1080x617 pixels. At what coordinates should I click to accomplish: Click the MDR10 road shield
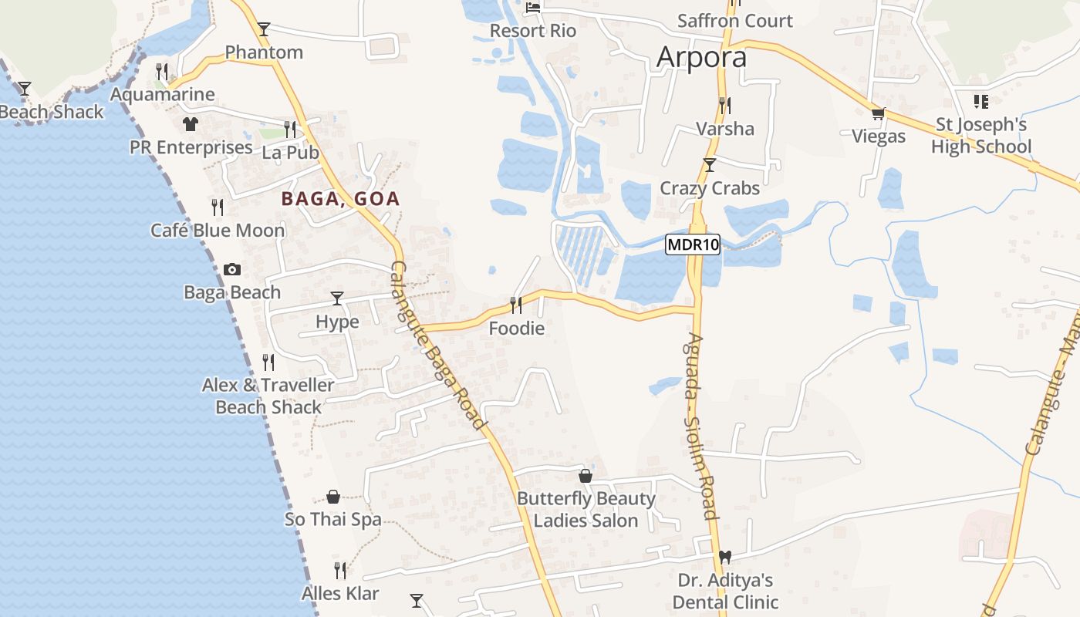tap(693, 245)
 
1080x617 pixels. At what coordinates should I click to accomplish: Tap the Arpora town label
tap(701, 57)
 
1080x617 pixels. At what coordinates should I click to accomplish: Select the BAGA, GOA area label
tap(340, 199)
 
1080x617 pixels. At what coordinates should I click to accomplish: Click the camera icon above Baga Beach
tap(231, 269)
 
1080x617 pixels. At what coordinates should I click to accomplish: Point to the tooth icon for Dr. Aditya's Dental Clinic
tap(724, 556)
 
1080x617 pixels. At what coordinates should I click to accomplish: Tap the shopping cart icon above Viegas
tap(877, 114)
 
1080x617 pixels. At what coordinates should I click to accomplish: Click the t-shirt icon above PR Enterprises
tap(191, 123)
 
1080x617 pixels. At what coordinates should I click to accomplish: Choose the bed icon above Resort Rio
tap(533, 8)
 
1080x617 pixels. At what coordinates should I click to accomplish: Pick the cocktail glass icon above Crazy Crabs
tap(710, 165)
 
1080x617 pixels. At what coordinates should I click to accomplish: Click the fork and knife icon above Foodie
tap(516, 305)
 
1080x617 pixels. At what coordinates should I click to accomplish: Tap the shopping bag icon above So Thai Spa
tap(333, 496)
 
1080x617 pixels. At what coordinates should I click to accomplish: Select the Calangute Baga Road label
tap(438, 346)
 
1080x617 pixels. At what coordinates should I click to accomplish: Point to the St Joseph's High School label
tap(980, 136)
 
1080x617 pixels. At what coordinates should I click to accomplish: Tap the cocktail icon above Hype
tap(337, 298)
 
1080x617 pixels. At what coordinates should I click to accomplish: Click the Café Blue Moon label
tap(218, 230)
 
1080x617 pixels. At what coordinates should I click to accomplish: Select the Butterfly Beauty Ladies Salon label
tap(586, 509)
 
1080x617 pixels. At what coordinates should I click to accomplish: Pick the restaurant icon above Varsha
tap(724, 105)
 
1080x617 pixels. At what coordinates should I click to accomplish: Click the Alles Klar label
tap(340, 593)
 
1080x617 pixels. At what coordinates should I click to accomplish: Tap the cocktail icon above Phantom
tap(264, 29)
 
